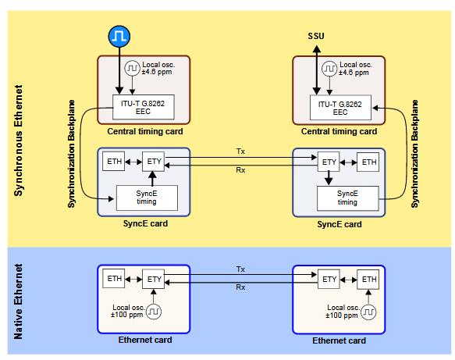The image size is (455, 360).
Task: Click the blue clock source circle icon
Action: (119, 36)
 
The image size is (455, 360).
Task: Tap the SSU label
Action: (316, 36)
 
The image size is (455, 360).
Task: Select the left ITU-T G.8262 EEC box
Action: (144, 107)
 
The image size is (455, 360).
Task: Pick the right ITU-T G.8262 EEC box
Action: (341, 108)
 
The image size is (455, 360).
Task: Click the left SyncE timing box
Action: (147, 198)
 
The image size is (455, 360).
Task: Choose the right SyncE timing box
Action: (347, 198)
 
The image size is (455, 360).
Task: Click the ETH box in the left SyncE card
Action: (114, 161)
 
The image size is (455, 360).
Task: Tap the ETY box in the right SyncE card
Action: (329, 162)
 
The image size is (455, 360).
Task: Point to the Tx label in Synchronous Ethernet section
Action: (240, 151)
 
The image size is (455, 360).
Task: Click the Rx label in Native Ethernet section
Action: (240, 287)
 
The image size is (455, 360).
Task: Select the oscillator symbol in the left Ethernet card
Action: (154, 312)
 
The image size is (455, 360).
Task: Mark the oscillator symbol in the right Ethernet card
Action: (368, 312)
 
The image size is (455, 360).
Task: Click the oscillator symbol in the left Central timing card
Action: (133, 68)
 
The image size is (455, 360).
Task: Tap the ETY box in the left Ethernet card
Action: (153, 279)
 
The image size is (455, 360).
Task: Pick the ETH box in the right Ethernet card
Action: (368, 280)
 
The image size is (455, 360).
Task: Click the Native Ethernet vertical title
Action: (18, 301)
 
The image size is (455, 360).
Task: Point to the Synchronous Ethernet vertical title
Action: (18, 141)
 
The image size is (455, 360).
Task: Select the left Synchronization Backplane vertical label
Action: (71, 154)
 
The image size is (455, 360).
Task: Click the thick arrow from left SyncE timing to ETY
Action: (152, 178)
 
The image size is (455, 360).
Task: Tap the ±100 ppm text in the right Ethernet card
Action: (342, 315)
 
